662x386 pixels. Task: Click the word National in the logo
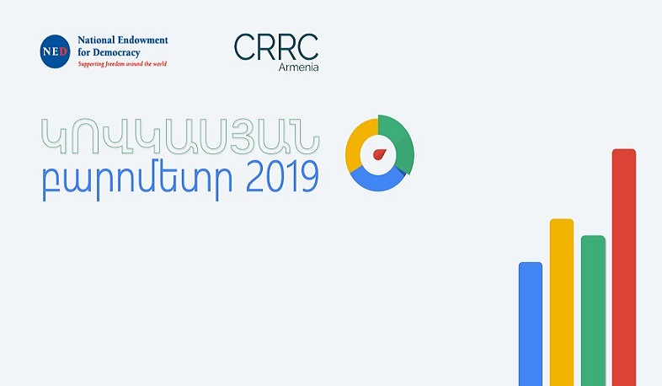point(94,40)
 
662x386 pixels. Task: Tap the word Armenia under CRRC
point(299,66)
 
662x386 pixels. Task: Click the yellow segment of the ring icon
point(358,139)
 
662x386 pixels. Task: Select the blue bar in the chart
point(530,324)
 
